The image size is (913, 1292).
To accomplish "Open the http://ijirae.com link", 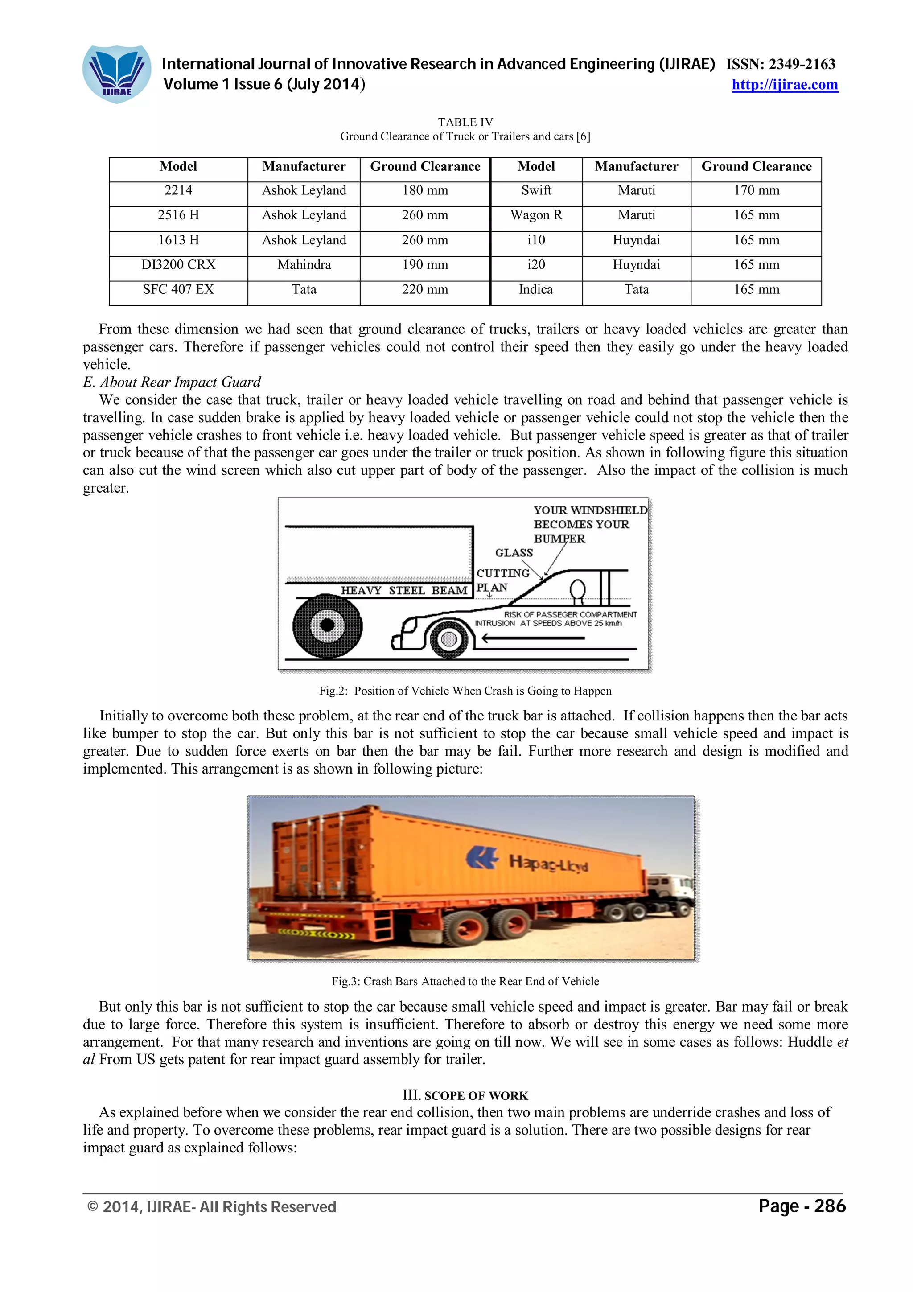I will (784, 85).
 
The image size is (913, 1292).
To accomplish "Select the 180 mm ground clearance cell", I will (425, 191).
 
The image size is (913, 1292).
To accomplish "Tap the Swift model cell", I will (536, 191).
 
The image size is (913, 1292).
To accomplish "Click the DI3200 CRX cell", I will (178, 265).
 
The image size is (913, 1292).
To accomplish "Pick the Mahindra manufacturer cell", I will (304, 265).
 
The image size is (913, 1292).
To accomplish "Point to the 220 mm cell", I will (425, 290).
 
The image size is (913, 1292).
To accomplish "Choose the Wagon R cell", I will (536, 215).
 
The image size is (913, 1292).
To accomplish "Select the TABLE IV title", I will (465, 122).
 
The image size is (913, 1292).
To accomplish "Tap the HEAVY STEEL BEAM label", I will (404, 590).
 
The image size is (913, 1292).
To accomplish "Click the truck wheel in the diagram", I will (327, 625).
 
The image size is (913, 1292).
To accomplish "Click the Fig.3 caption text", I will (465, 981).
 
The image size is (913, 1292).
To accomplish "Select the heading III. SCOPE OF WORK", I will (465, 1095).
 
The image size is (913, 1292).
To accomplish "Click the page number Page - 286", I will (802, 1206).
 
